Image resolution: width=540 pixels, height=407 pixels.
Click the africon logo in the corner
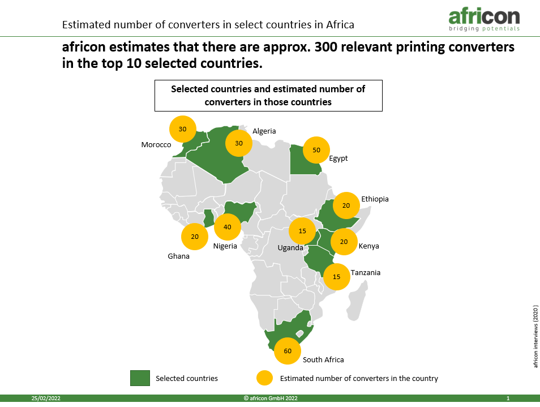pyautogui.click(x=484, y=20)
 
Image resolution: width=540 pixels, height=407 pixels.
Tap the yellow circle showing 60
pyautogui.click(x=288, y=351)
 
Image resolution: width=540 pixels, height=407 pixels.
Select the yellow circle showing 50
pyautogui.click(x=316, y=150)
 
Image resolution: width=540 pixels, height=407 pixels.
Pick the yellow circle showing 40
pyautogui.click(x=228, y=227)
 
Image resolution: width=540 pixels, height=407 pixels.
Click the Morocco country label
pyautogui.click(x=156, y=144)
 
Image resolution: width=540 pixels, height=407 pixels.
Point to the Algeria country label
pyautogui.click(x=264, y=131)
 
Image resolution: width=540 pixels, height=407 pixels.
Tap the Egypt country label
pyautogui.click(x=338, y=158)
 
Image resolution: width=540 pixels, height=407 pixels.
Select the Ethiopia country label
pyautogui.click(x=375, y=199)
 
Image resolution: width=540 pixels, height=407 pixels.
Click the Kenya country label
pyautogui.click(x=368, y=246)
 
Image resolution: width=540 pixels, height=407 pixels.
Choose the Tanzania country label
pyautogui.click(x=366, y=273)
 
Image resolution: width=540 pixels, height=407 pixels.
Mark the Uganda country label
pyautogui.click(x=290, y=248)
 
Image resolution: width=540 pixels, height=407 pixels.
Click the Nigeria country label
pyautogui.click(x=225, y=246)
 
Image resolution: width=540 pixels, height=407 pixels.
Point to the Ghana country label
pyautogui.click(x=178, y=256)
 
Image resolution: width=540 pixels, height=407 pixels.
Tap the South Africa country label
pyautogui.click(x=323, y=360)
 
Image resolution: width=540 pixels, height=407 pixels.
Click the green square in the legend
pyautogui.click(x=140, y=378)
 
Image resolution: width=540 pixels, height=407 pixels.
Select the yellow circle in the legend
pyautogui.click(x=264, y=378)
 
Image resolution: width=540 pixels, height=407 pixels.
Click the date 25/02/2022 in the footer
pyautogui.click(x=46, y=399)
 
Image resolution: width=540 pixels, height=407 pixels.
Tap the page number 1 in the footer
pyautogui.click(x=508, y=399)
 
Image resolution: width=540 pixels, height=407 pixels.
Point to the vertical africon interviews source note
pyautogui.click(x=535, y=336)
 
